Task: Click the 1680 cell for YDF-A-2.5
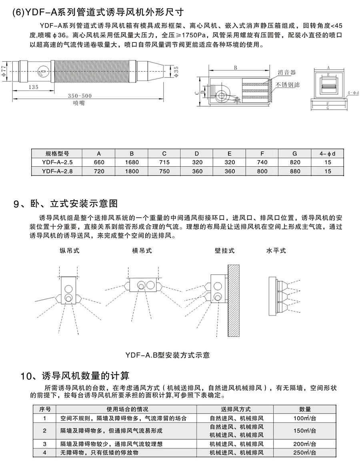click(132, 162)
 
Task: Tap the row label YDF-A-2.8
click(57, 171)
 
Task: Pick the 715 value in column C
click(164, 162)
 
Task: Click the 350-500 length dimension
click(80, 96)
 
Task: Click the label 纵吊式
click(70, 251)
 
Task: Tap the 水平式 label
click(276, 251)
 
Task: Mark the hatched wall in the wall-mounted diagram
click(234, 300)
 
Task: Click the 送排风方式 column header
click(236, 409)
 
